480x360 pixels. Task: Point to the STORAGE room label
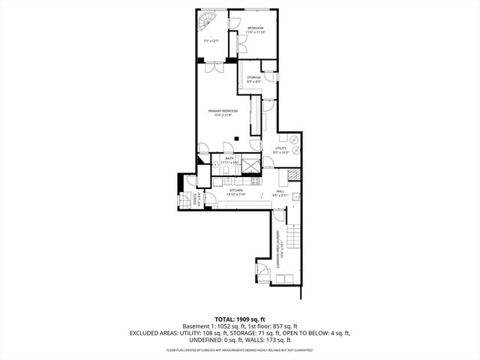[254, 77]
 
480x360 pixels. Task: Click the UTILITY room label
[280, 148]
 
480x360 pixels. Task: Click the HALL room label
[279, 192]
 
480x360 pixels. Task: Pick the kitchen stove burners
[256, 180]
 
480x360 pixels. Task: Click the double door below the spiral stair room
[214, 67]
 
